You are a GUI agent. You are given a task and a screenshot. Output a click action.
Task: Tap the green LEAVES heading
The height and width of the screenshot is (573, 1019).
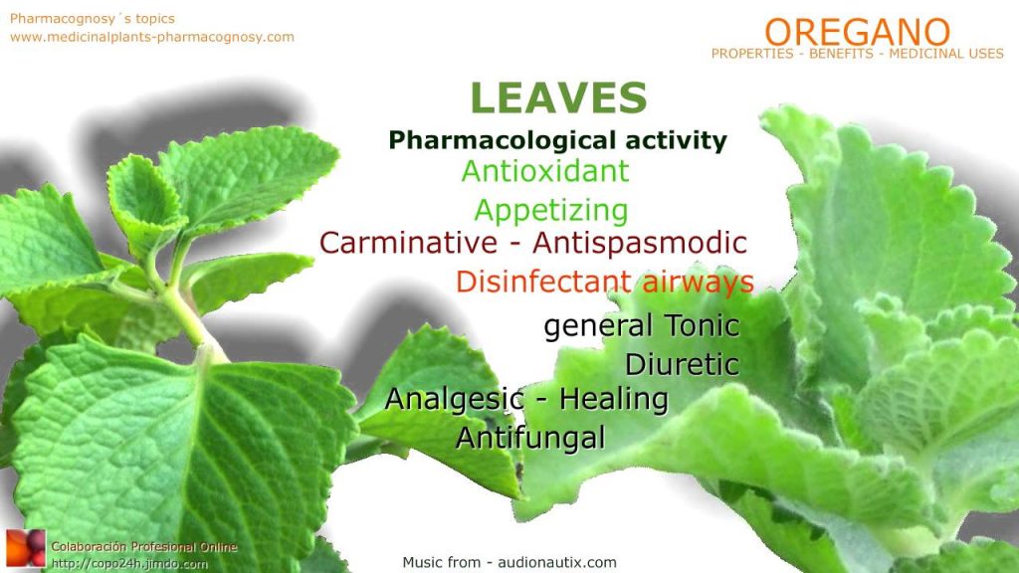(x=558, y=97)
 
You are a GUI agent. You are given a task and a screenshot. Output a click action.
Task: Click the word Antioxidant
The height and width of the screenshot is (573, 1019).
(x=545, y=171)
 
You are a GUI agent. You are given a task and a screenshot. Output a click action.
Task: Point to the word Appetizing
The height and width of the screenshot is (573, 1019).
(x=551, y=210)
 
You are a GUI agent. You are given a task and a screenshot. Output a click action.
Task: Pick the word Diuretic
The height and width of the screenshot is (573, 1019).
(x=682, y=364)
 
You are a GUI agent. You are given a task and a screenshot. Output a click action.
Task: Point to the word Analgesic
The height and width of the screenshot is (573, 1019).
(x=454, y=399)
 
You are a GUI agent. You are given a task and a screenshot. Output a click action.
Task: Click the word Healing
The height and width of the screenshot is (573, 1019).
(x=613, y=399)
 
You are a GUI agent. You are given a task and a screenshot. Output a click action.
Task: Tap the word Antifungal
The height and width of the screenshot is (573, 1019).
(x=530, y=438)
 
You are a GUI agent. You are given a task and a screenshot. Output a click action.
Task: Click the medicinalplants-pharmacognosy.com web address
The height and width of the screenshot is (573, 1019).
(x=152, y=37)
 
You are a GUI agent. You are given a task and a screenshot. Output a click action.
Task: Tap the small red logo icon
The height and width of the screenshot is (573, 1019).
(x=25, y=549)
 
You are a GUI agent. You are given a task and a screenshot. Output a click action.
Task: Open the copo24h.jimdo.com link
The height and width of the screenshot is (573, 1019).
(x=130, y=563)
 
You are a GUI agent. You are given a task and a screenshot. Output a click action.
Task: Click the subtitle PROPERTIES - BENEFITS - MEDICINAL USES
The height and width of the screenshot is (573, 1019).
(x=857, y=54)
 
